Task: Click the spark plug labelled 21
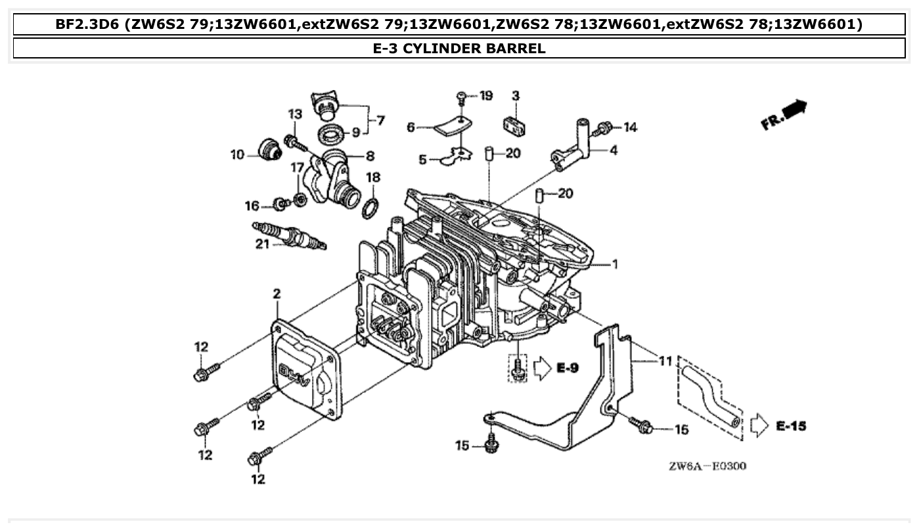(289, 236)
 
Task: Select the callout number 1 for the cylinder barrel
(615, 264)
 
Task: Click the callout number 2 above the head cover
(277, 294)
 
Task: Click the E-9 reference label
(567, 368)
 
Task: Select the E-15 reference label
(790, 426)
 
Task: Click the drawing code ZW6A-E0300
(707, 466)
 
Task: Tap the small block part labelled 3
(516, 124)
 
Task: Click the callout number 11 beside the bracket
(665, 361)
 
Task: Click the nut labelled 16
(280, 204)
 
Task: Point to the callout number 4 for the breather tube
(614, 150)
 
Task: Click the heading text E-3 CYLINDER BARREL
(459, 48)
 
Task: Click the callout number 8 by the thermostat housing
(370, 156)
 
